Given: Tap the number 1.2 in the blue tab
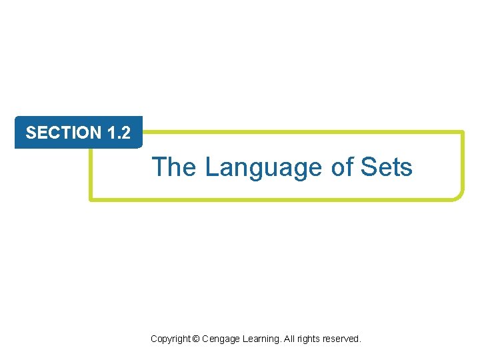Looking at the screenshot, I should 118,133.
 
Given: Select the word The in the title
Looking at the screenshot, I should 174,167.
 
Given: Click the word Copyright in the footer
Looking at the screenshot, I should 170,339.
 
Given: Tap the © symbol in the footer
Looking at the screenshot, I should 195,339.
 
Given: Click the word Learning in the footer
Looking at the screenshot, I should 261,339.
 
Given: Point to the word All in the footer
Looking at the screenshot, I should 290,339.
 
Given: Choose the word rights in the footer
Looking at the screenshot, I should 310,339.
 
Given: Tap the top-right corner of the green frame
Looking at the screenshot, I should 461,133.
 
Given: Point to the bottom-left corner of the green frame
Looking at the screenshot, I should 92,197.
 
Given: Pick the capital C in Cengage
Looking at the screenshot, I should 205,339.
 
